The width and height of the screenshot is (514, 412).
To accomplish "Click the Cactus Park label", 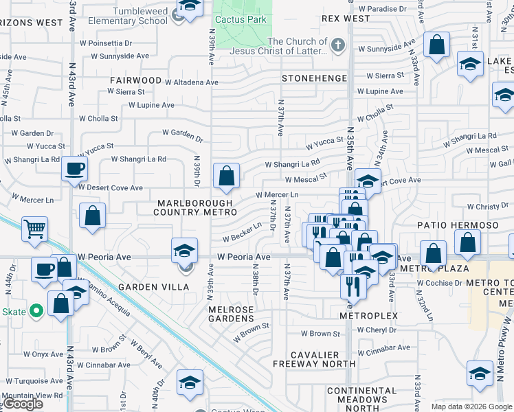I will coord(240,19).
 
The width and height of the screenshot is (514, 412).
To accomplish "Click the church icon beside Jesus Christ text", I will coord(337,47).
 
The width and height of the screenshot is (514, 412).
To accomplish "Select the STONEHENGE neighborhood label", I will coord(315,79).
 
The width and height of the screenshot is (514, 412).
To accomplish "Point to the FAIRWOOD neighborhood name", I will coord(135,80).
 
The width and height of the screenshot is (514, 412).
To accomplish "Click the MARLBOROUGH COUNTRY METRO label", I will coord(198,208).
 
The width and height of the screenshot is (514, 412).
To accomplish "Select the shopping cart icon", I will coord(34,229).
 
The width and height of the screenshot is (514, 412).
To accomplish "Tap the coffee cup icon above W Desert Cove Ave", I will coord(74,168).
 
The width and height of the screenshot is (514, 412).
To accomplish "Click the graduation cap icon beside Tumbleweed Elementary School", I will coord(189,7).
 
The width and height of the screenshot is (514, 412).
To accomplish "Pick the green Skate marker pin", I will coord(36,312).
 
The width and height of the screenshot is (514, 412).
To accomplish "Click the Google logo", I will coord(23,404).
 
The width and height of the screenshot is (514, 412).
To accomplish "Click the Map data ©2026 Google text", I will coord(471,407).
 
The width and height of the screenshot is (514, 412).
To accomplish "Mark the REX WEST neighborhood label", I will coord(345,19).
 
